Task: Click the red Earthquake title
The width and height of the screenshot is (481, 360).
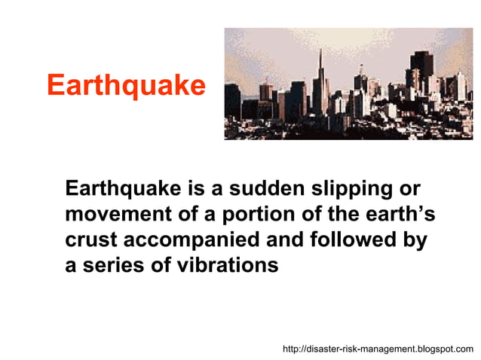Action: pos(126,85)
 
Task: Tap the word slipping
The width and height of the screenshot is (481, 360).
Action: pos(351,189)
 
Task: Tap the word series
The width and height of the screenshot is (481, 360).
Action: pos(112,266)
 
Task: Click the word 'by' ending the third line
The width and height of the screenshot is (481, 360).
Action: pos(415,241)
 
